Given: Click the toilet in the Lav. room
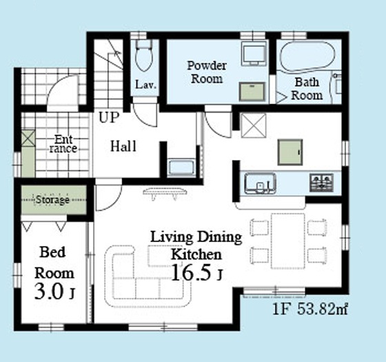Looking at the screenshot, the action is pos(144,55).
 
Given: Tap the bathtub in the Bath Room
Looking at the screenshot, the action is pos(307,57).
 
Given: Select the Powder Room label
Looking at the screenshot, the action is pos(207,72).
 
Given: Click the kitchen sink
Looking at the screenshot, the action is pos(260,183).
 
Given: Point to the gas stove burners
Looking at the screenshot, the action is pos(321,183).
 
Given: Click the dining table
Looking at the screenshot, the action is pos(288,241).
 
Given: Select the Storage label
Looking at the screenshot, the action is pos(52,199).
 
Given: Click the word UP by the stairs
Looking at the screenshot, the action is pos(109,117).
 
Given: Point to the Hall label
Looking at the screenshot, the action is pos(123,146).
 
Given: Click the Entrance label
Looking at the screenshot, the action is pos(63,144).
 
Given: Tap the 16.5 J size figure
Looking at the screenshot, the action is pos(196,272).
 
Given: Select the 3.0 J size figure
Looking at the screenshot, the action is pos(54,291).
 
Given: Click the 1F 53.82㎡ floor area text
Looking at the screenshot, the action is pos(310,309).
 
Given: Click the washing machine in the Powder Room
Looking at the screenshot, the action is pos(254,54).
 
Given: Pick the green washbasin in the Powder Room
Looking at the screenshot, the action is pos(252,92).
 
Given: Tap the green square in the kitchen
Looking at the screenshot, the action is pos(290,152).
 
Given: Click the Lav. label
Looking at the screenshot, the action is pos(145,84).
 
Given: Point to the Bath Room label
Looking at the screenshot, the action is pos(307,89).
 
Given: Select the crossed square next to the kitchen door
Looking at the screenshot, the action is pos(254,125).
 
